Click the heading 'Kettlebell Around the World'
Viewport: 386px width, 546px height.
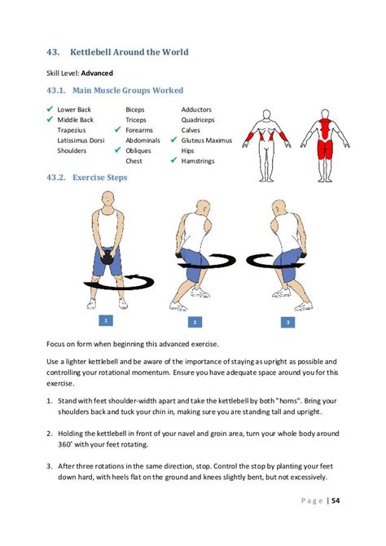click(x=129, y=52)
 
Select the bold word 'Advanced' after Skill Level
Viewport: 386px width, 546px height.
click(x=97, y=73)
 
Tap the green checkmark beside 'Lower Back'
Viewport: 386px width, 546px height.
click(x=50, y=109)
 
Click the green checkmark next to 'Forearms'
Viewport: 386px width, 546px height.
click(x=117, y=130)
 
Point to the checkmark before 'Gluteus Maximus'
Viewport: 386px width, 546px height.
click(x=173, y=140)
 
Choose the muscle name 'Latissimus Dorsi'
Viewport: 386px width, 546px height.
click(x=81, y=140)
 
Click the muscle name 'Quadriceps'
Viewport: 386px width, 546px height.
click(x=198, y=120)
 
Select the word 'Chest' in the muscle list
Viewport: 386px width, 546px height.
click(x=134, y=161)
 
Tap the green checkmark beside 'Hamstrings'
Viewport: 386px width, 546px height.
click(x=173, y=161)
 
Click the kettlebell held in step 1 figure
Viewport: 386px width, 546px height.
click(x=107, y=258)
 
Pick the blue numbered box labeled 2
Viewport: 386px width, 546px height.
click(x=195, y=322)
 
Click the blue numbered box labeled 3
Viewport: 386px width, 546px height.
click(x=287, y=322)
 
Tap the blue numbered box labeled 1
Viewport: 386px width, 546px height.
click(x=106, y=320)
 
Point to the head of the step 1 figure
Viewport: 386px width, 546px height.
click(x=107, y=199)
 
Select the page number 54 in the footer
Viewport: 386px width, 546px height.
click(x=336, y=500)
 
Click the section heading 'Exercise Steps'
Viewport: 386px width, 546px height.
click(x=99, y=178)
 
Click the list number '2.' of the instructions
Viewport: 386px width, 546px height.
click(x=50, y=434)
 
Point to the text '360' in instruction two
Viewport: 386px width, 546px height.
click(x=64, y=445)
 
